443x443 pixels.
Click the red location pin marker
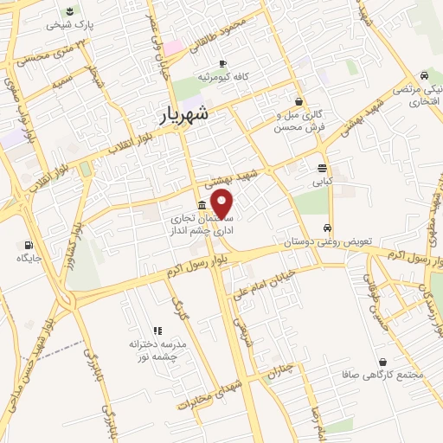coord(222,203)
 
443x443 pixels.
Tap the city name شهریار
coord(186,113)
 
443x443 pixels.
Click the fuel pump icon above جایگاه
coord(30,245)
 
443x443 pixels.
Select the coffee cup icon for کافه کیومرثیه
coord(222,63)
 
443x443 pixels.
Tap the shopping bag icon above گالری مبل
coord(299,100)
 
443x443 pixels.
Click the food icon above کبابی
coord(322,168)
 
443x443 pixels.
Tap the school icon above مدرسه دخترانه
coord(157,330)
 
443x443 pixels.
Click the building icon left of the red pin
coord(202,205)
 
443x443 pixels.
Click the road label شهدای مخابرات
coord(208,395)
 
